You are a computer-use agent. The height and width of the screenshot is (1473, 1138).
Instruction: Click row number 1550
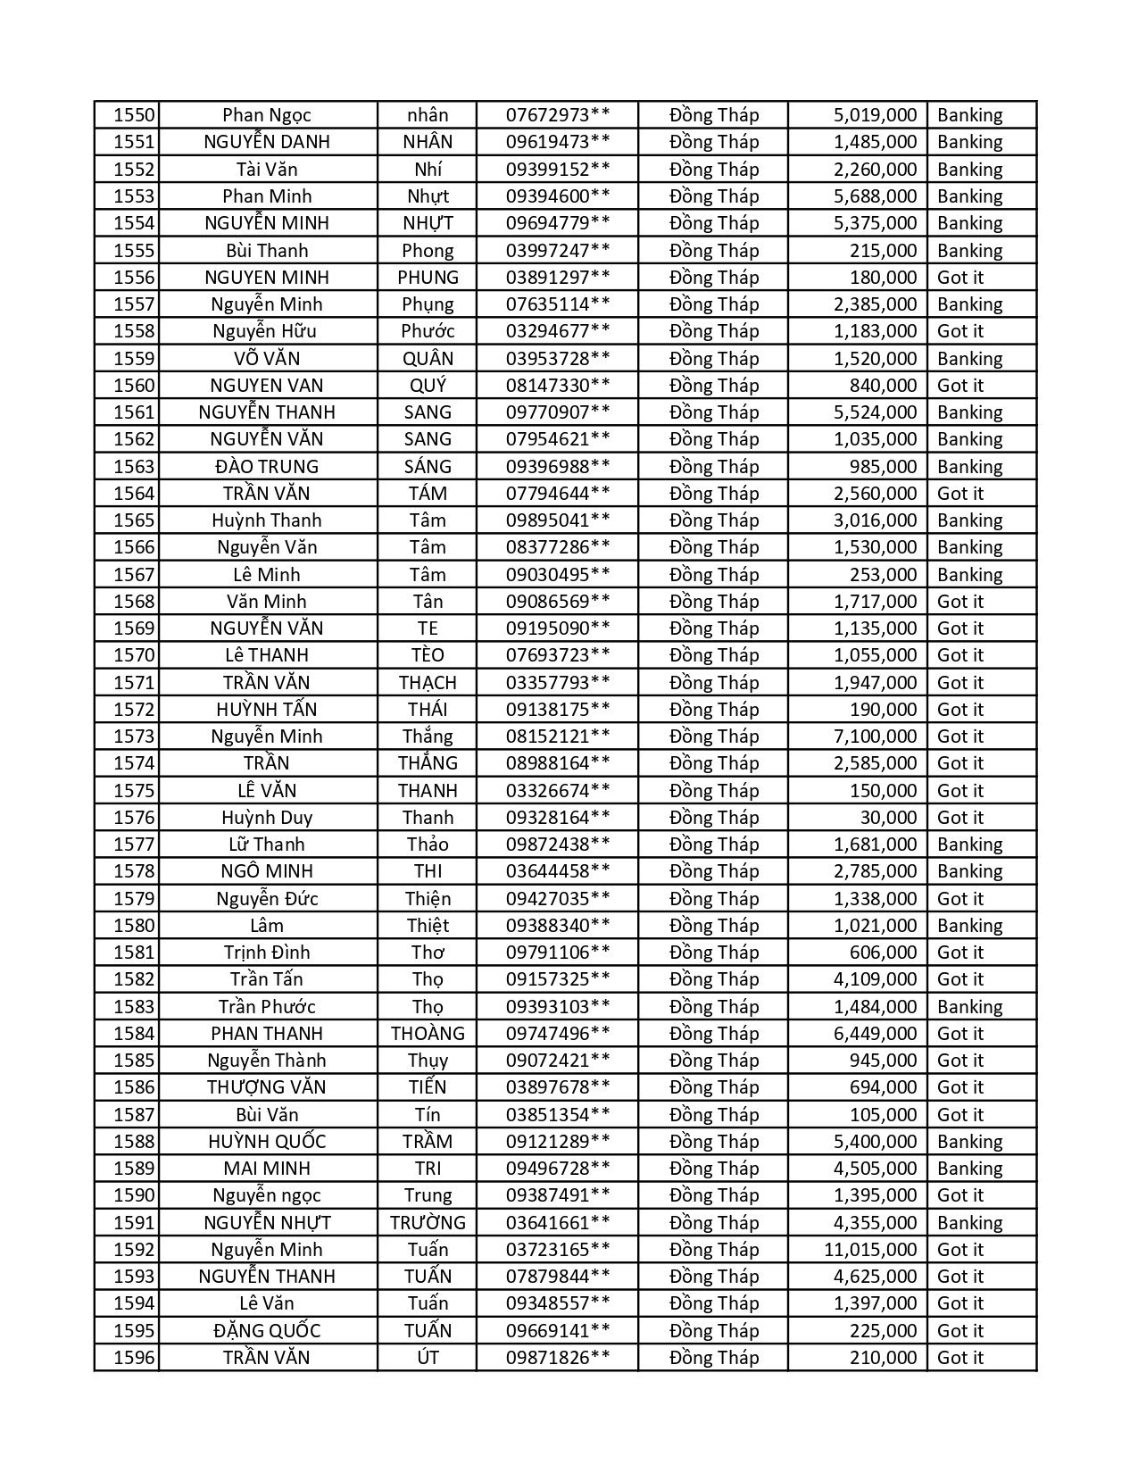pyautogui.click(x=134, y=115)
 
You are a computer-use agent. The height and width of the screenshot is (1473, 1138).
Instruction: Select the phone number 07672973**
pyautogui.click(x=558, y=115)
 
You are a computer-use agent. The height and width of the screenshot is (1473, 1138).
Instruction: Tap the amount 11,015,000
pyautogui.click(x=869, y=1250)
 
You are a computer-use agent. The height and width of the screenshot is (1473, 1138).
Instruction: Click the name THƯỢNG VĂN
pyautogui.click(x=267, y=1087)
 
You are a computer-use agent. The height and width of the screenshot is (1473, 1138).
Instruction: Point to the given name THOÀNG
pyautogui.click(x=428, y=1034)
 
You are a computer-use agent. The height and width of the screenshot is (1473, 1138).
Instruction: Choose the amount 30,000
pyautogui.click(x=888, y=818)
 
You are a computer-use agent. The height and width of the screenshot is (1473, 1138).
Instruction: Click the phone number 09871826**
pyautogui.click(x=558, y=1358)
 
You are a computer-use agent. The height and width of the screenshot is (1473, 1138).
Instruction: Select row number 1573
pyautogui.click(x=134, y=736)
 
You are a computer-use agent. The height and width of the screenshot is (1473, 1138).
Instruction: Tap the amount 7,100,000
pyautogui.click(x=875, y=736)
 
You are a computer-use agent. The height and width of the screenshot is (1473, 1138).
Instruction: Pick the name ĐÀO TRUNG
pyautogui.click(x=267, y=467)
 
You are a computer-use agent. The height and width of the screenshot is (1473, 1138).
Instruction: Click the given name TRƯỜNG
pyautogui.click(x=428, y=1223)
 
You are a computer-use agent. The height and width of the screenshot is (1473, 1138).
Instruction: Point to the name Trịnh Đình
pyautogui.click(x=267, y=953)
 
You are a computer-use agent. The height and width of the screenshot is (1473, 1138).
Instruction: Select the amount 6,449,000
pyautogui.click(x=875, y=1034)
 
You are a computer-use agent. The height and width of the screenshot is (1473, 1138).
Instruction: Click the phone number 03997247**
pyautogui.click(x=558, y=251)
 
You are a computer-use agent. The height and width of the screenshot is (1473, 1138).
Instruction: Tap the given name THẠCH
pyautogui.click(x=428, y=683)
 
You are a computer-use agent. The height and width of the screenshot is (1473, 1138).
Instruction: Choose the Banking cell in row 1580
pyautogui.click(x=969, y=926)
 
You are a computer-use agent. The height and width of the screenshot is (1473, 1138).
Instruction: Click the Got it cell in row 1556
pyautogui.click(x=960, y=278)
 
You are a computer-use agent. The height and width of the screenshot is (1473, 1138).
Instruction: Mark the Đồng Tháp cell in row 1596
pyautogui.click(x=714, y=1358)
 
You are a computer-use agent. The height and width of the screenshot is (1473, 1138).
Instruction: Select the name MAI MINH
pyautogui.click(x=267, y=1169)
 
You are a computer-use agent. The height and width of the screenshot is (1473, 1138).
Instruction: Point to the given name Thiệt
pyautogui.click(x=428, y=926)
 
